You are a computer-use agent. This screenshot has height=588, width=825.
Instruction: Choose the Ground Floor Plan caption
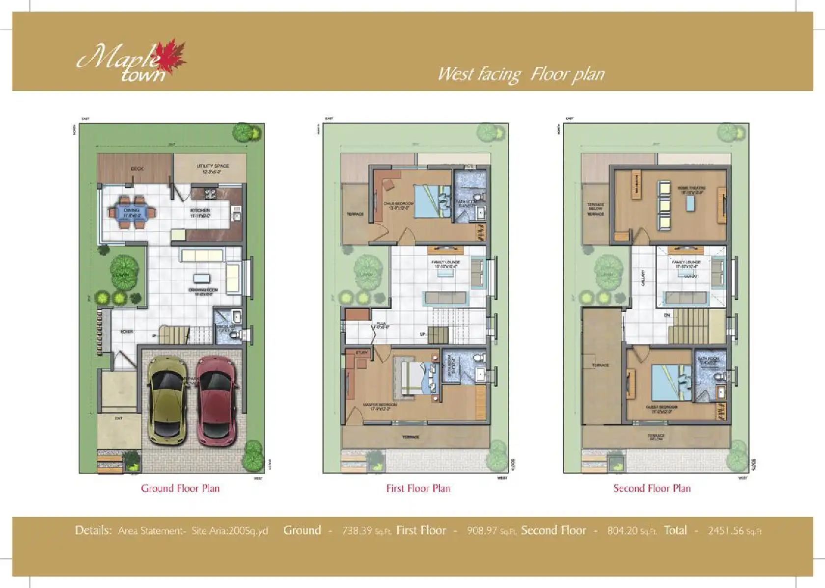[x=180, y=488]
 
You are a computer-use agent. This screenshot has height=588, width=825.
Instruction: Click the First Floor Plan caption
[x=418, y=488]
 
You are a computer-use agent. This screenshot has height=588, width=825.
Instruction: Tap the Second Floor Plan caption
[x=652, y=488]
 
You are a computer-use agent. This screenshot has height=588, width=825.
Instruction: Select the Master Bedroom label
[x=380, y=407]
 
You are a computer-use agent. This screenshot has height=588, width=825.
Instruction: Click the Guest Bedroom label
[x=661, y=409]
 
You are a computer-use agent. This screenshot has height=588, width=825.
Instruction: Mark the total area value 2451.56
[x=728, y=531]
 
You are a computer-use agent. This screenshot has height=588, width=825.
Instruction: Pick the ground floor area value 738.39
[x=357, y=531]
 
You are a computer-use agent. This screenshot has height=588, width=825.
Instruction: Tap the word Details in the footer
[x=93, y=531]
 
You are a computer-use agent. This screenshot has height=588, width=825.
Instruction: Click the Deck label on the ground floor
[x=137, y=169]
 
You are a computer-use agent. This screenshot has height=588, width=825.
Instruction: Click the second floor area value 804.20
[x=622, y=531]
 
